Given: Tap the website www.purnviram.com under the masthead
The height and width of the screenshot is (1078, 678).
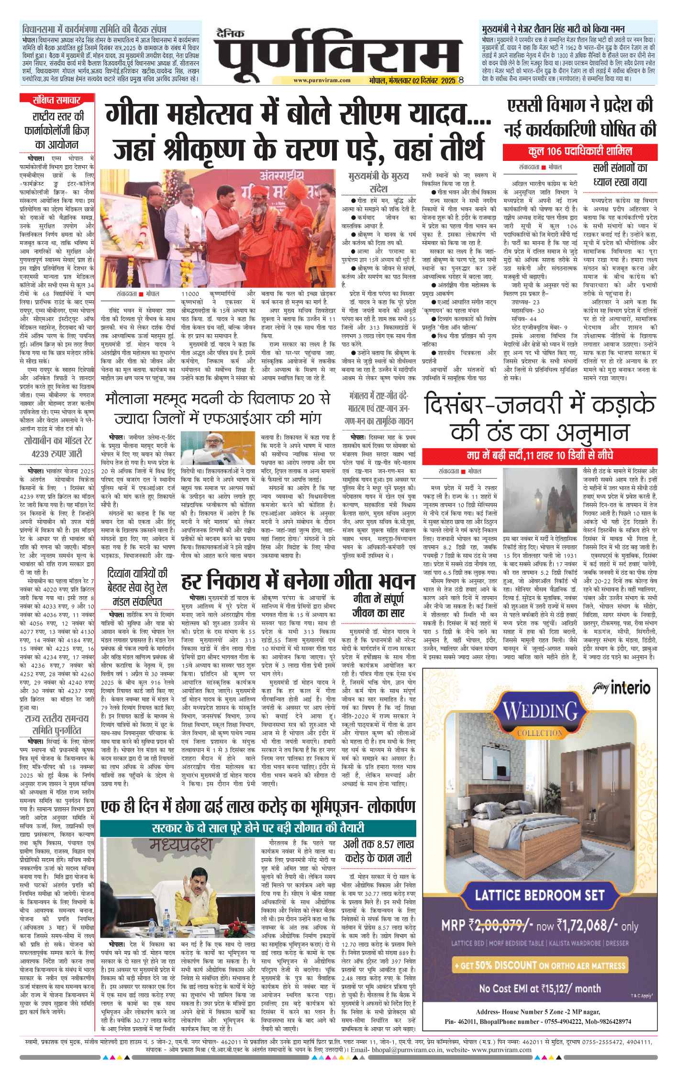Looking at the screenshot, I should coord(322,80).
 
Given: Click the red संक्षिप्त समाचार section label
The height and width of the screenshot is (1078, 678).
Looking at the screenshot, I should coord(56,100).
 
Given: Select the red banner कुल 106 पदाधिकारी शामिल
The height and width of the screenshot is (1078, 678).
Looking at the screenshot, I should coord(580,152).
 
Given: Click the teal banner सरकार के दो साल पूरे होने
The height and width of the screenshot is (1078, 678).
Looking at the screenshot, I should coord(258,828).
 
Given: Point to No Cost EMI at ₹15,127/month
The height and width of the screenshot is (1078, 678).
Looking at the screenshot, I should coord(540,988).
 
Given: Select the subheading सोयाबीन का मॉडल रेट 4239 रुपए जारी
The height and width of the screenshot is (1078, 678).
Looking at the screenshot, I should coord(57,447).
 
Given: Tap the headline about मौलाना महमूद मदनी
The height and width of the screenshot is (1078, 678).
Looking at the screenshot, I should coord(218,409).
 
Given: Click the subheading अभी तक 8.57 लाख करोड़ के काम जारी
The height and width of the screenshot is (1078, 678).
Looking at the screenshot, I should coord(378,851).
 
